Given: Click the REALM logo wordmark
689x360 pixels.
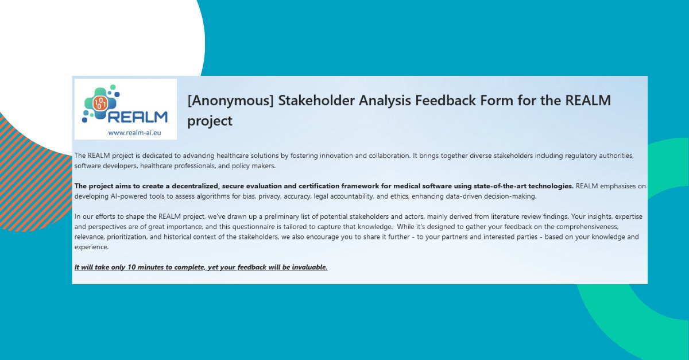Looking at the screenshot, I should [x=138, y=117].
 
